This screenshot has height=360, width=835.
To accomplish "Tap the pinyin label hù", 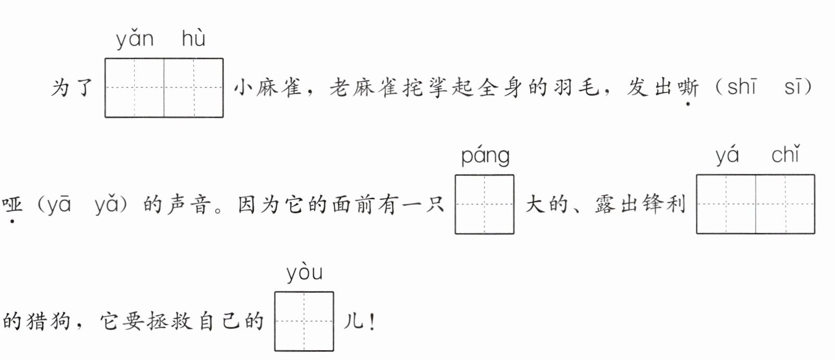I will pyautogui.click(x=193, y=38).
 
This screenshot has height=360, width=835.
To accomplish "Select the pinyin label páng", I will pyautogui.click(x=485, y=157).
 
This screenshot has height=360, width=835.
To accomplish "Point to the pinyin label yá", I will pyautogui.click(x=727, y=156).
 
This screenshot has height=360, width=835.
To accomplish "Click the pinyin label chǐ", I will pyautogui.click(x=785, y=155).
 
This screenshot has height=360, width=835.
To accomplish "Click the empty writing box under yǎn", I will pyautogui.click(x=135, y=88).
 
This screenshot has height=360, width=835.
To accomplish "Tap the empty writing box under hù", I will pyautogui.click(x=194, y=88).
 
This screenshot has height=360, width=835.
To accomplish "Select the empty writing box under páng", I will pyautogui.click(x=485, y=204).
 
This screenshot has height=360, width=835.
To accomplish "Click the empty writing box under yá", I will pyautogui.click(x=726, y=204).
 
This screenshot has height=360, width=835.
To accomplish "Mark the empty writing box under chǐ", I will pyautogui.click(x=785, y=204).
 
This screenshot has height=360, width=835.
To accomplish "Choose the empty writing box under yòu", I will pyautogui.click(x=304, y=322).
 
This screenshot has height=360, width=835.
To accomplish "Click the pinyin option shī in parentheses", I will pyautogui.click(x=742, y=87).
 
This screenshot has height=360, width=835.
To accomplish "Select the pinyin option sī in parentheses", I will pyautogui.click(x=793, y=87).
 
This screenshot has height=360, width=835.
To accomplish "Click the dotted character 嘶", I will pyautogui.click(x=688, y=87).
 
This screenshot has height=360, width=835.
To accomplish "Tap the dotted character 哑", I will pyautogui.click(x=12, y=205).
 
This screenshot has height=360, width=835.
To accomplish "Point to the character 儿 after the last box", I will pyautogui.click(x=353, y=322).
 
